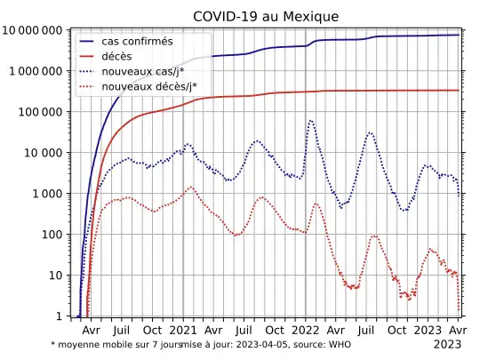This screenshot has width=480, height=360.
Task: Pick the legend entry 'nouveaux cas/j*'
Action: [148, 71]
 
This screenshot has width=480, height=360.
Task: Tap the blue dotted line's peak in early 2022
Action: [310, 120]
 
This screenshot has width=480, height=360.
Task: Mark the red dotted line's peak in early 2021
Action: [190, 187]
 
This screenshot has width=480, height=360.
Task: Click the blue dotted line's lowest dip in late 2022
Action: [404, 211]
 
